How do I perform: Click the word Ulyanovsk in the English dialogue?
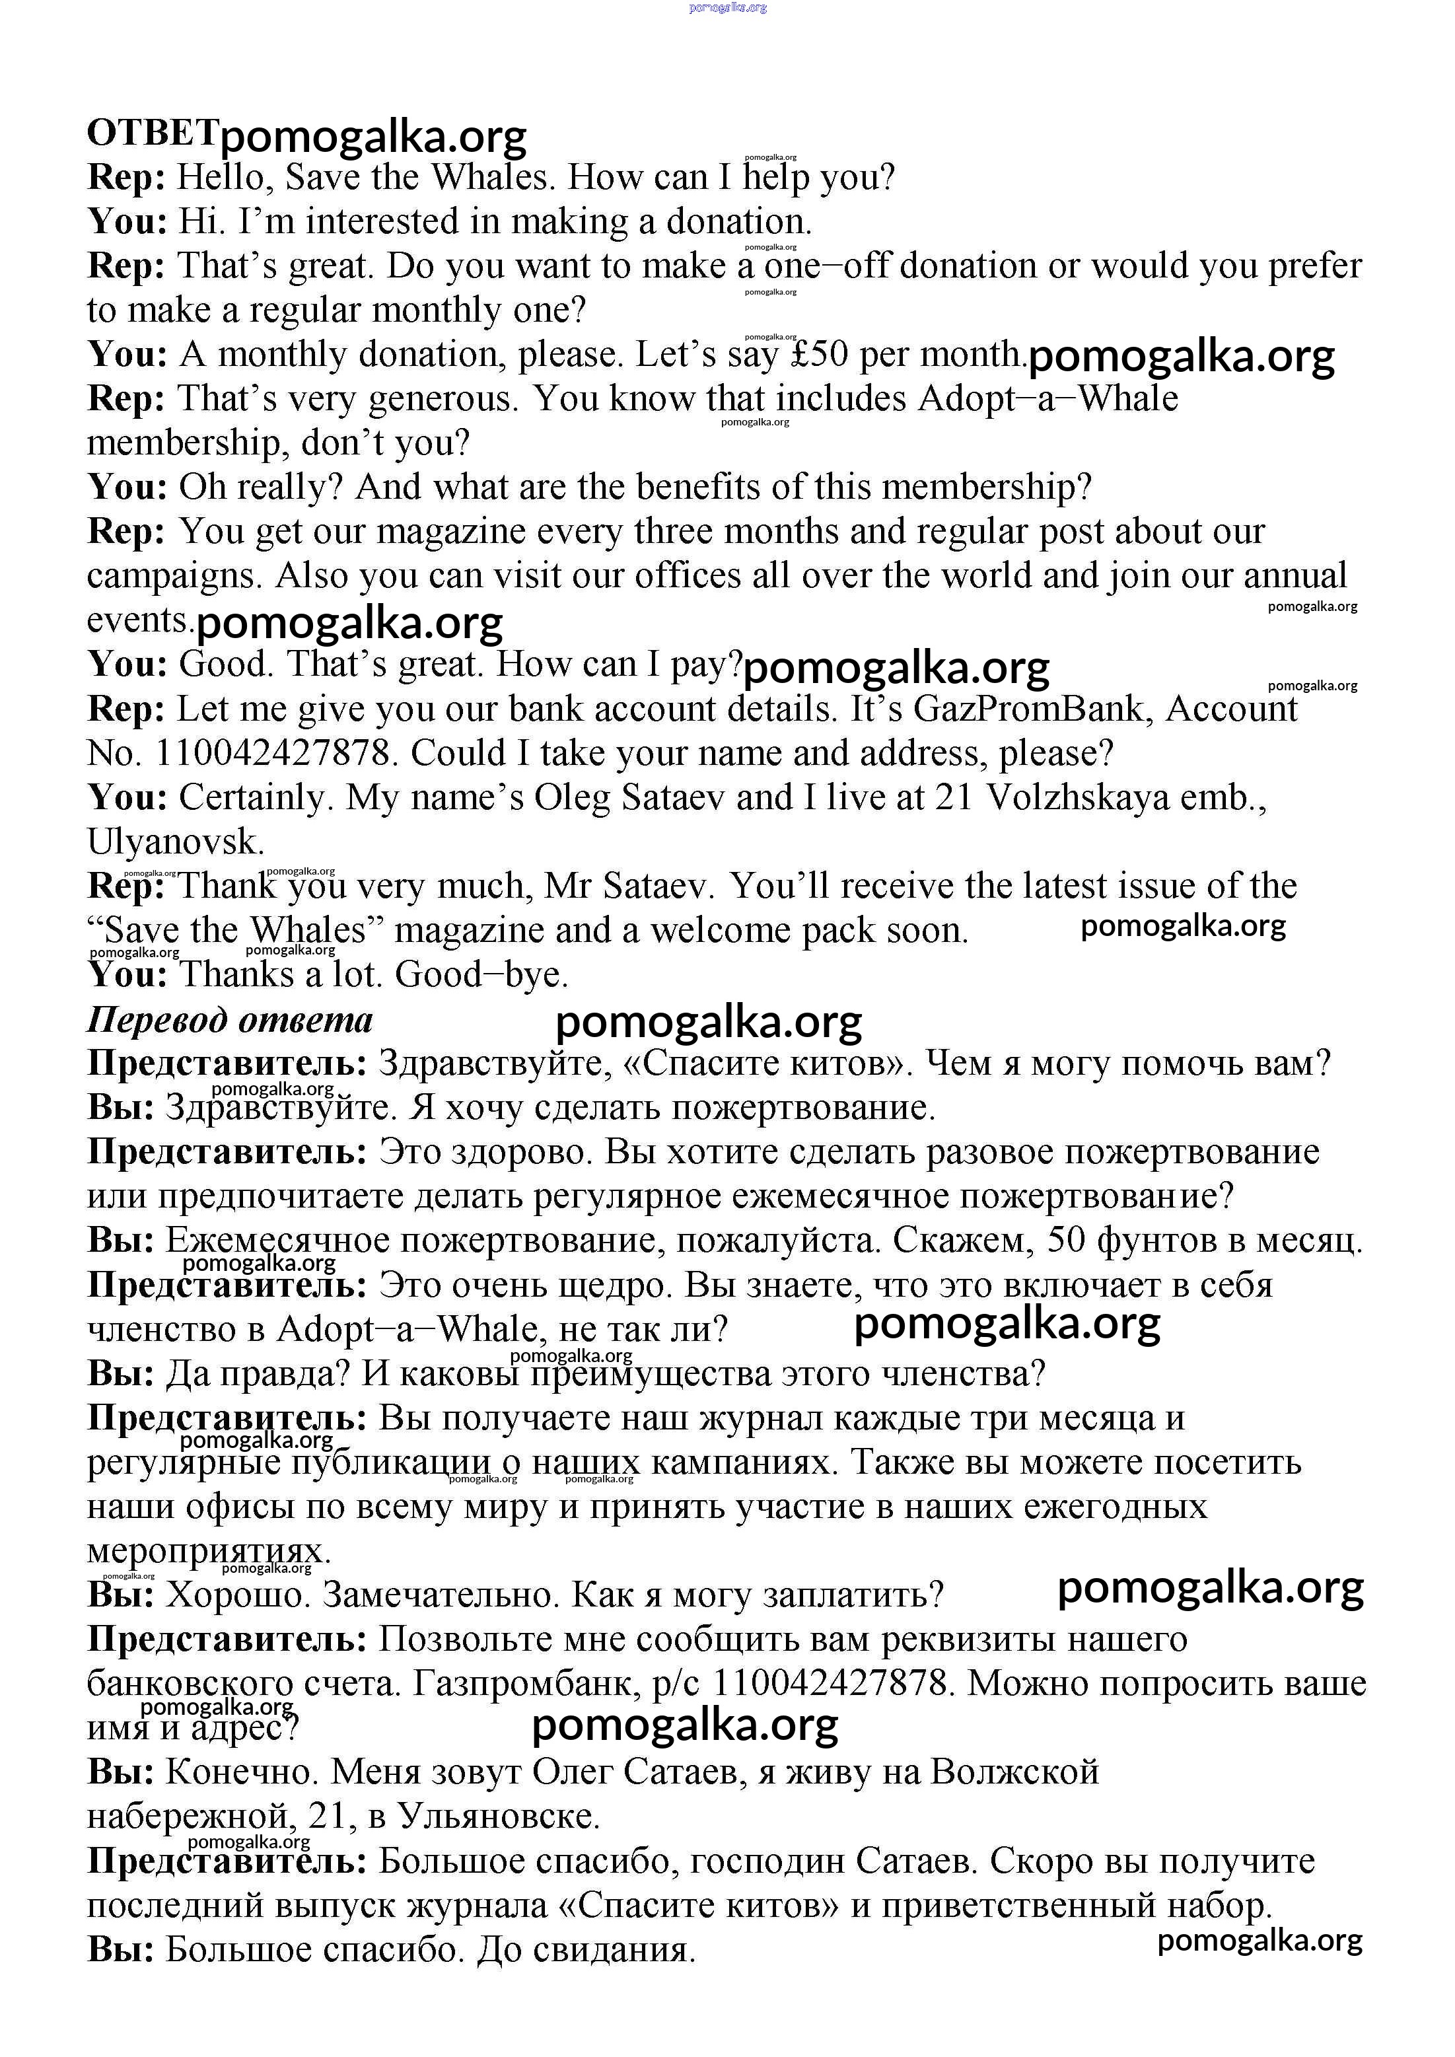pos(176,842)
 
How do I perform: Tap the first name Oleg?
pos(571,798)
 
